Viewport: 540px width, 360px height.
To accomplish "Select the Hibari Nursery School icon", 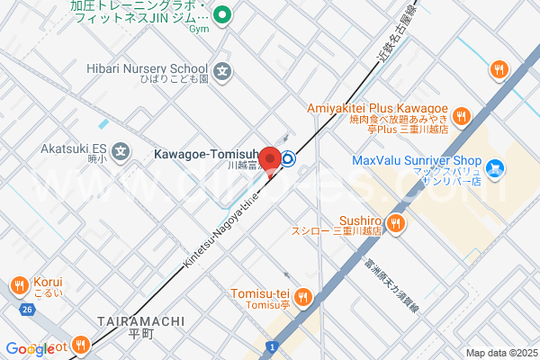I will (223, 69).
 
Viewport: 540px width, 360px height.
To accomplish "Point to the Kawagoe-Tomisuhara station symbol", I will (288, 160).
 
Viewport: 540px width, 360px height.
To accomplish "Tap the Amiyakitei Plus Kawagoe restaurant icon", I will (461, 115).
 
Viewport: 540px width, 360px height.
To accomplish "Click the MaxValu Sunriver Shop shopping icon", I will (495, 166).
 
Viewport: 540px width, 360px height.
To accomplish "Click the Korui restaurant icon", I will (19, 286).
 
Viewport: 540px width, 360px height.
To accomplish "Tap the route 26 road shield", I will (28, 310).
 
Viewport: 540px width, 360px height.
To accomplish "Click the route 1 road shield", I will (271, 346).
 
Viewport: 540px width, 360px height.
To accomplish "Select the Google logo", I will (30, 348).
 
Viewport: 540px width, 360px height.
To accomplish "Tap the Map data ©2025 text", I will (500, 352).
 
